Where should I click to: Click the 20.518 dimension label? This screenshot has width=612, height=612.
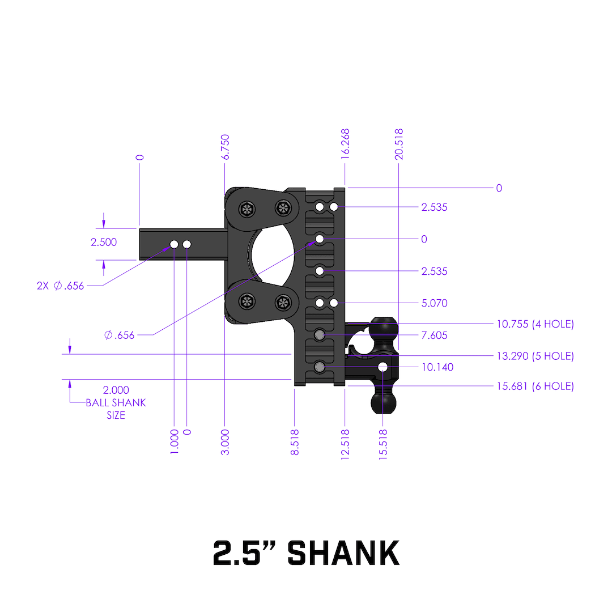(x=399, y=144)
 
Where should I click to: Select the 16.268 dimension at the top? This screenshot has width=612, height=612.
(x=346, y=145)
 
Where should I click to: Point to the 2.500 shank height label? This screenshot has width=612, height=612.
(x=104, y=243)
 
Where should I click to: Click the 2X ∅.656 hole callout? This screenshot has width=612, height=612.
(x=60, y=286)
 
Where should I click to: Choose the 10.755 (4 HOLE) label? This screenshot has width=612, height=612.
(x=535, y=324)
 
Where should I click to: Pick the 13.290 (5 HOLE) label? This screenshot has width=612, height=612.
(x=535, y=356)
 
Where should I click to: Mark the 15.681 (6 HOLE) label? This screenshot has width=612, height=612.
(x=535, y=386)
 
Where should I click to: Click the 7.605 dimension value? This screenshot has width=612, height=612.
(x=435, y=335)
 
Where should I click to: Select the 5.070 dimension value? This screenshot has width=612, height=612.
(x=435, y=303)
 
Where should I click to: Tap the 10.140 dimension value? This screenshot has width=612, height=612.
(x=437, y=367)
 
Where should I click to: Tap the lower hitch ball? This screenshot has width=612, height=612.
(x=384, y=401)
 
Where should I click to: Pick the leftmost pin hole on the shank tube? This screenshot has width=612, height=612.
(x=174, y=244)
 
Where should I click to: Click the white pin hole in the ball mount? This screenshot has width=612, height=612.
(x=383, y=367)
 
